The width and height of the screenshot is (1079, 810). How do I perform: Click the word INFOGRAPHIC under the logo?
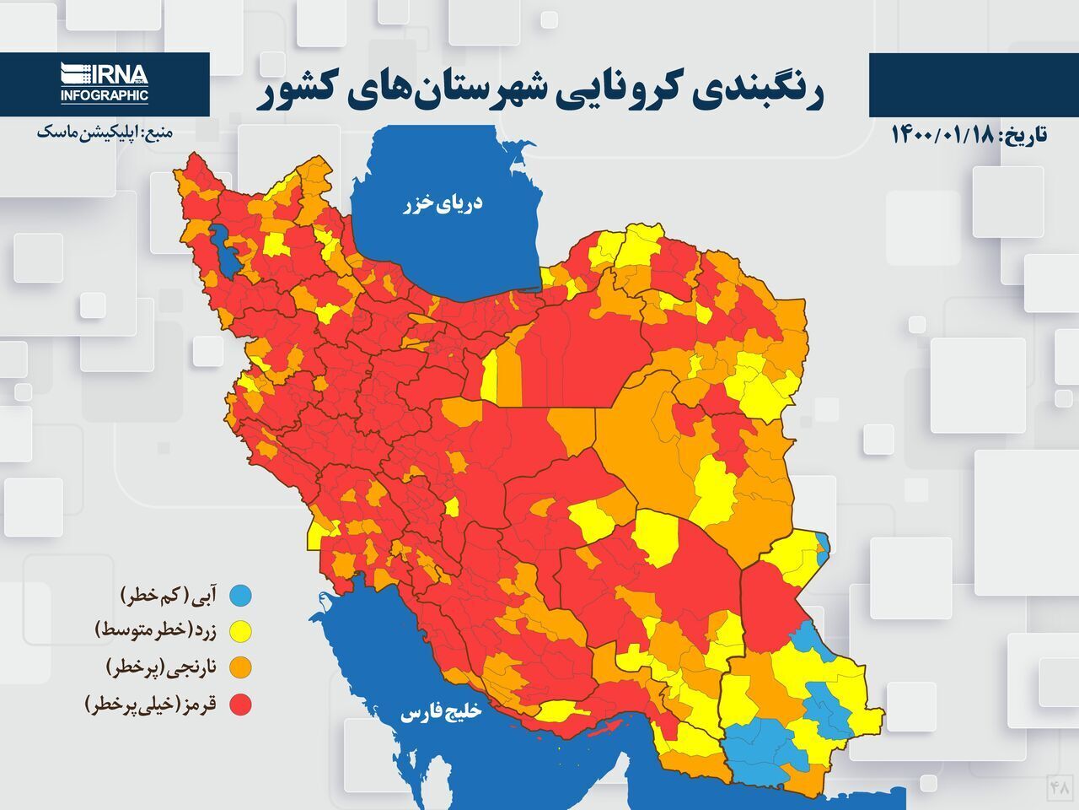(x=104, y=96)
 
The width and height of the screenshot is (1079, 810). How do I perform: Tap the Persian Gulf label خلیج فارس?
(x=441, y=713)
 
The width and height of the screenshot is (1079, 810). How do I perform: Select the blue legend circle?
(x=241, y=596)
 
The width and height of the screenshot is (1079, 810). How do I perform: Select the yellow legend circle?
(x=241, y=631)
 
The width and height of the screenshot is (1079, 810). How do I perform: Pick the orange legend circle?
(x=241, y=667)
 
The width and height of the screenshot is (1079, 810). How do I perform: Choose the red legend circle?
(x=241, y=704)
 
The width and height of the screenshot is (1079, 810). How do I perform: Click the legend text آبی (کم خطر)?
(x=174, y=596)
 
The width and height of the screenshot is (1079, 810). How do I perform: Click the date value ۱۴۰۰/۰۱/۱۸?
(x=942, y=135)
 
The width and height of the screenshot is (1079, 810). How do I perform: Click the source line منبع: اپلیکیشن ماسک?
(x=105, y=132)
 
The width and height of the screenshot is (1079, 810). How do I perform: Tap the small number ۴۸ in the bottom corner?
(x=1059, y=787)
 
